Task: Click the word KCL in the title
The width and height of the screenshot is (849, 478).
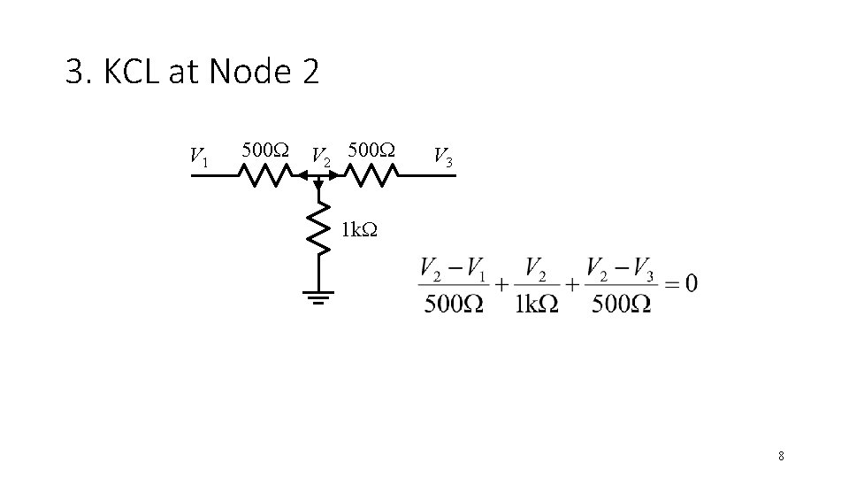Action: [132, 73]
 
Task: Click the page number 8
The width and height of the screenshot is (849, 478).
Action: [781, 456]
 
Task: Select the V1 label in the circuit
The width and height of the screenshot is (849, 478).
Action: [199, 157]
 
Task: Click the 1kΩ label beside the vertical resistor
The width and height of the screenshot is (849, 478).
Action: [359, 230]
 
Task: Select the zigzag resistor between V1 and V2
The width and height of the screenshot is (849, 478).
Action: [264, 177]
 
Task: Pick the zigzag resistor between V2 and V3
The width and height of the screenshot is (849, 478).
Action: [369, 177]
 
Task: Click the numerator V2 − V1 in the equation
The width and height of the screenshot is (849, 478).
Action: [453, 267]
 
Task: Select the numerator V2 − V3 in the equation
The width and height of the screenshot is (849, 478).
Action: [619, 267]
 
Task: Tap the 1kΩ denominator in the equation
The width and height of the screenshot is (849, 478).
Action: [536, 303]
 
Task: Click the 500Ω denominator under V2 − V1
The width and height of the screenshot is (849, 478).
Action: [453, 303]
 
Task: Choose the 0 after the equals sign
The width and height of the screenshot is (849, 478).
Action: [690, 283]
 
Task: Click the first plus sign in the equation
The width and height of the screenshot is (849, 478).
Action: [501, 284]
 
